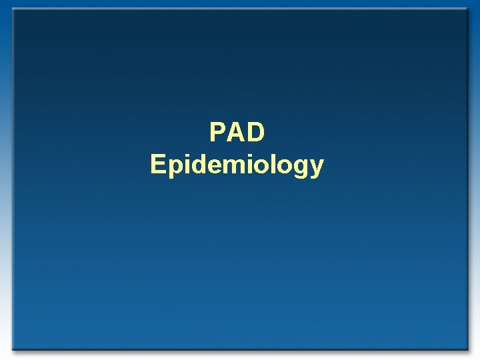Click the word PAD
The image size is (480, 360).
(x=237, y=133)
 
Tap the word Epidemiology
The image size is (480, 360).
(x=237, y=165)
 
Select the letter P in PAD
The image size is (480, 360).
(x=218, y=133)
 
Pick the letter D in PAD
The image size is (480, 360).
(x=256, y=133)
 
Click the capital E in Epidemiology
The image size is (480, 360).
(x=158, y=163)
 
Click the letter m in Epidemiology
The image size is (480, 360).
(x=232, y=165)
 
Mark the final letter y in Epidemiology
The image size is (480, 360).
(x=315, y=167)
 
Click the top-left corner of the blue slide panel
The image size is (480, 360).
(x=13, y=9)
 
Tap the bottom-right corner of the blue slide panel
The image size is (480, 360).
(x=467, y=349)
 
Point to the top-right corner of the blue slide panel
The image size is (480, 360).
(x=467, y=9)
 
